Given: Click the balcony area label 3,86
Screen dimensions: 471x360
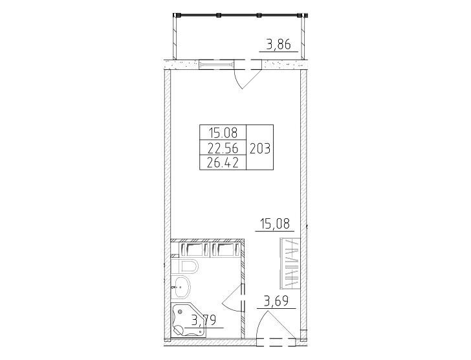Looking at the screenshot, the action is click(x=279, y=45).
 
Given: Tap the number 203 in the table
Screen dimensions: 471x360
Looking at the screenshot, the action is click(x=260, y=148).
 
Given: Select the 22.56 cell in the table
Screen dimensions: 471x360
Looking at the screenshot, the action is click(x=223, y=148).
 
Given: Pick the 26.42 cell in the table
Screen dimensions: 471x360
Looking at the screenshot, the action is click(x=223, y=163).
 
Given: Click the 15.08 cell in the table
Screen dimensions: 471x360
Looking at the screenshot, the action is click(x=223, y=132).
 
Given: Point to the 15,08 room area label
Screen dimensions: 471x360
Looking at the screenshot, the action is click(x=275, y=224).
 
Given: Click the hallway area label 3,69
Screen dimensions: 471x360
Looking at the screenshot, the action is click(x=276, y=301).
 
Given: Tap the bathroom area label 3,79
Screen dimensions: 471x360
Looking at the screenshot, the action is click(x=204, y=321).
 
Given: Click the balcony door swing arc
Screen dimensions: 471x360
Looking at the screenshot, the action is click(x=246, y=79).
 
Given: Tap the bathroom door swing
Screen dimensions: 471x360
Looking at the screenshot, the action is click(x=234, y=297).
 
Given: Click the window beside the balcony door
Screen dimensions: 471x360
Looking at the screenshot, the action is click(x=217, y=64).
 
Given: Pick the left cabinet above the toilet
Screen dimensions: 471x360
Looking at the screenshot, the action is click(x=193, y=249).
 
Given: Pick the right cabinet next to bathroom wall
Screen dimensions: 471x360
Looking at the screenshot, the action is click(x=226, y=249).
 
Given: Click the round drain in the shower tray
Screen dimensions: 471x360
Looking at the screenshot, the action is click(x=181, y=312).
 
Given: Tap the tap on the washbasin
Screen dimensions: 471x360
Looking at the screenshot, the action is click(x=173, y=287).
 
